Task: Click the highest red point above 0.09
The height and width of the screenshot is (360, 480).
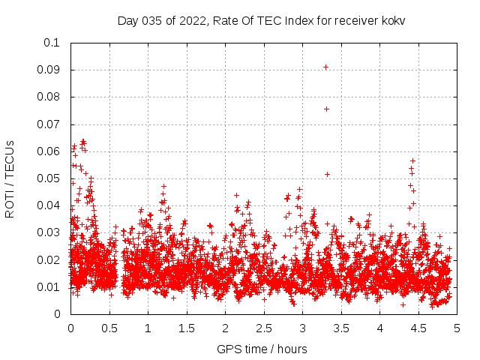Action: tap(325, 67)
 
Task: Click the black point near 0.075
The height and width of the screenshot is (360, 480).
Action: tap(326, 109)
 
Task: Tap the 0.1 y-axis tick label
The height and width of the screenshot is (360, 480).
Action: tap(53, 43)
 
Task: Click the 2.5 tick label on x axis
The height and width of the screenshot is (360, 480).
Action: tap(263, 328)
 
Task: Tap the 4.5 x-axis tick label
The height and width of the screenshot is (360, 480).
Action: tap(418, 328)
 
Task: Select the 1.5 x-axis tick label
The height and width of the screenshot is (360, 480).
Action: tap(186, 328)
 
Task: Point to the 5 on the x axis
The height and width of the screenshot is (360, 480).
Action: tap(457, 328)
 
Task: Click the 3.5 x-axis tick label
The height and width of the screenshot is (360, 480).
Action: tap(341, 328)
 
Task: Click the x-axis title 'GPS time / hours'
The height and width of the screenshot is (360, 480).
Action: tap(262, 349)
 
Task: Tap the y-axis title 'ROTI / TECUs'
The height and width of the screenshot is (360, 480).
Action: tap(10, 178)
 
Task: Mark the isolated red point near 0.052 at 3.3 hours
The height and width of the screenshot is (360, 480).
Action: tap(327, 174)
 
